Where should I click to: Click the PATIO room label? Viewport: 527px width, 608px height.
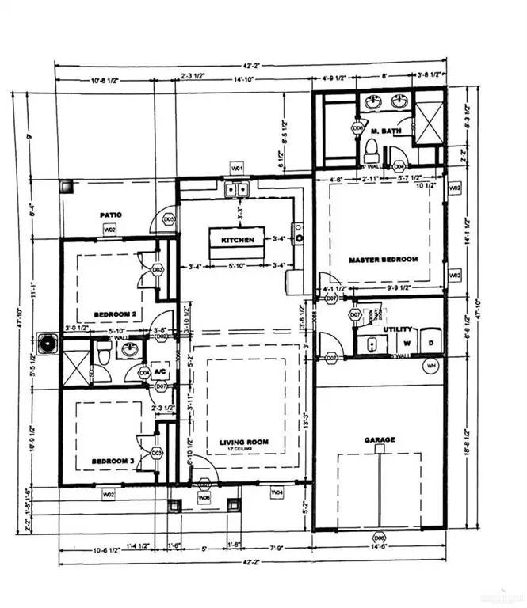tap(109, 215)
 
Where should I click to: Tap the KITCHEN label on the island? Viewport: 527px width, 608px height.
tap(237, 238)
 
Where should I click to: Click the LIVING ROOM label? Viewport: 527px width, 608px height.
tap(244, 442)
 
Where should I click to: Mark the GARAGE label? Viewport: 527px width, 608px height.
tap(380, 439)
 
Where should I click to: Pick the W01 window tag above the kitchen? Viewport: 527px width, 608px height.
tap(236, 168)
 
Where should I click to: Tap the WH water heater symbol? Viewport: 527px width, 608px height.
tap(431, 366)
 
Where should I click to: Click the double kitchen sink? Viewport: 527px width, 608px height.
tap(236, 189)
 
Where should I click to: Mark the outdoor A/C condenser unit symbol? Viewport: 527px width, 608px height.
tap(51, 344)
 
